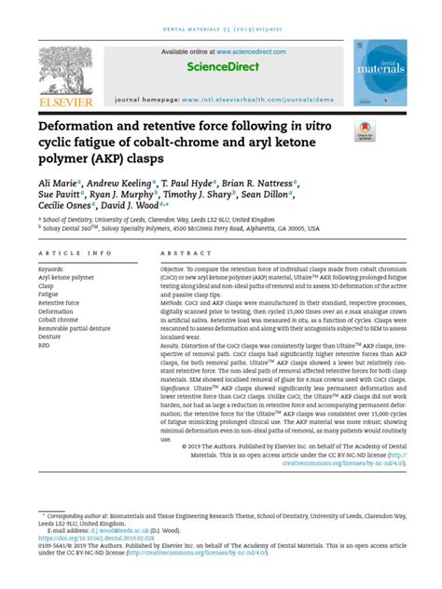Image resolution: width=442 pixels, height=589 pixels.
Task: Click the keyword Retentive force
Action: (x=59, y=303)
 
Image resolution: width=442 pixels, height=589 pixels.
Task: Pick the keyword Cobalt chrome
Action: (x=58, y=320)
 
